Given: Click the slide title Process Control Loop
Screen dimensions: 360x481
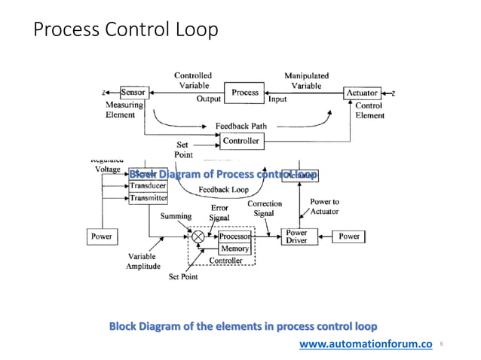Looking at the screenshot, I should coord(125,30).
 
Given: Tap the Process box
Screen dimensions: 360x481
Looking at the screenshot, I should coord(245,93).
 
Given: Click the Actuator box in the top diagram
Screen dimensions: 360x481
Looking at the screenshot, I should coord(362,93).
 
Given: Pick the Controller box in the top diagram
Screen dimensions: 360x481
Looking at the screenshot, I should coord(240,141).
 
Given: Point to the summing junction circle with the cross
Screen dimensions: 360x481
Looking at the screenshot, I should coord(199,236).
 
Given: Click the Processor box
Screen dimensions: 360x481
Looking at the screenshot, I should coord(234,236).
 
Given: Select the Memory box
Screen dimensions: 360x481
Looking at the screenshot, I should coord(234,249).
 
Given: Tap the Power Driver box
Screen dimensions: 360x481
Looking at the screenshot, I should coord(296,236).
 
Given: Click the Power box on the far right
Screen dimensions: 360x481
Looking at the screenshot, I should coord(349,236).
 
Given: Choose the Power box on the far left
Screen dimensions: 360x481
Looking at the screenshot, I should coord(101,236).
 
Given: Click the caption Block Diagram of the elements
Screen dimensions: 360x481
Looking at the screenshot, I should coord(243,326).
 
